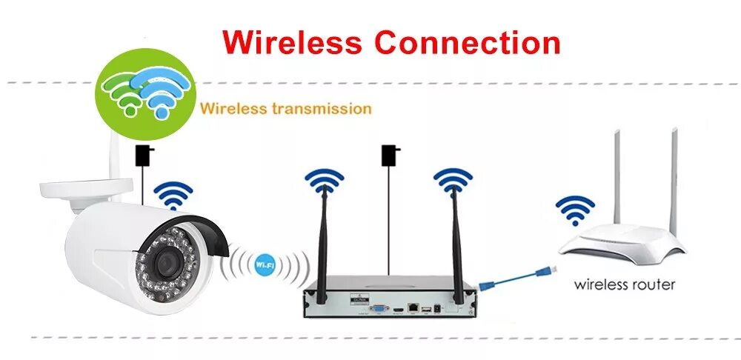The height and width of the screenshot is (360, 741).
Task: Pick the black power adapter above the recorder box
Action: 388,155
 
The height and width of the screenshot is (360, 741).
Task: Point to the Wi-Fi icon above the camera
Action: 173,195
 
